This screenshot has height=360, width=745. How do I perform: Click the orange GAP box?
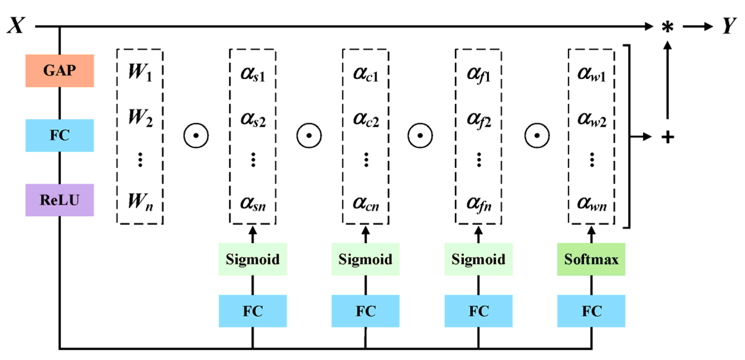(60, 71)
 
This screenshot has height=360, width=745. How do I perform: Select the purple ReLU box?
(60, 200)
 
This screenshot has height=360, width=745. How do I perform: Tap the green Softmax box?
(591, 259)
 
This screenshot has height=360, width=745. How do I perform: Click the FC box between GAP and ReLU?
(60, 135)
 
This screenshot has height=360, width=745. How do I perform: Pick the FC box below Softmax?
(591, 311)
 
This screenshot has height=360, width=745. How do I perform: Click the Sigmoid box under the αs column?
(253, 259)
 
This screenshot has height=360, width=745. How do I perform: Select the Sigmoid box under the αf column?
(478, 259)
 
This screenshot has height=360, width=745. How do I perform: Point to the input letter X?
(16, 26)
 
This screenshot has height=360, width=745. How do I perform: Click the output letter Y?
(729, 26)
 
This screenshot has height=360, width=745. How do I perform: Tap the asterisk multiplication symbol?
(667, 27)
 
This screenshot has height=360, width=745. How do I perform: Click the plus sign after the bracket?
(668, 137)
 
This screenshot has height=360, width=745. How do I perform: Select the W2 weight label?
(140, 118)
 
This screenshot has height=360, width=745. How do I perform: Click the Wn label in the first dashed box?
(140, 202)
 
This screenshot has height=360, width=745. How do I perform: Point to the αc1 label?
(366, 74)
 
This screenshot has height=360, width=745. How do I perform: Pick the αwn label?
(592, 203)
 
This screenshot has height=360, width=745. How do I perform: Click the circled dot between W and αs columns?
(196, 135)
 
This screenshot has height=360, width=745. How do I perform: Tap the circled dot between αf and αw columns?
(537, 135)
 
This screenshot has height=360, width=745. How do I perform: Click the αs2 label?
(253, 119)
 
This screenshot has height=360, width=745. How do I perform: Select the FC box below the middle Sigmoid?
(365, 311)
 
